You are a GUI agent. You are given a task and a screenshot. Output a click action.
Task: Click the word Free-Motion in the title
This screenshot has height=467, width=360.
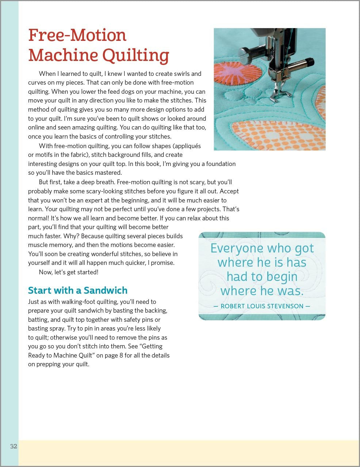(x=77, y=35)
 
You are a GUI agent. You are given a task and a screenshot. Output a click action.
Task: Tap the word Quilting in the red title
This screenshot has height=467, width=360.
(x=135, y=55)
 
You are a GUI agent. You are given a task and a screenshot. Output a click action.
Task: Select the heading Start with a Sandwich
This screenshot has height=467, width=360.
(x=78, y=290)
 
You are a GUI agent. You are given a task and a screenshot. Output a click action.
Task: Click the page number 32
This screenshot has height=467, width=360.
(x=14, y=446)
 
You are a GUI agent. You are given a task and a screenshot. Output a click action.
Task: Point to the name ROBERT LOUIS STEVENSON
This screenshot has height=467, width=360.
(x=262, y=306)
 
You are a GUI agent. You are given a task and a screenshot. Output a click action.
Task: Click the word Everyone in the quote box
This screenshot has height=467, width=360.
(x=237, y=248)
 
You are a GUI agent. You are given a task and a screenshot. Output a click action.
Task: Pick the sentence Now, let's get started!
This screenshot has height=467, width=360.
(x=68, y=272)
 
